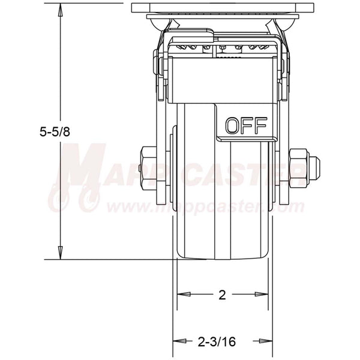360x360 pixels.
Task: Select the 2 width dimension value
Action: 222,295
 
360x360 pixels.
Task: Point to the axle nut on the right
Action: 299,166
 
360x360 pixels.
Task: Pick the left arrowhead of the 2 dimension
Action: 181,295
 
